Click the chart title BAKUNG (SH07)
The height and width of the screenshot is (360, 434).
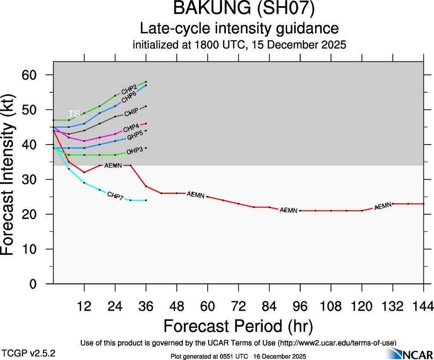click(x=239, y=9)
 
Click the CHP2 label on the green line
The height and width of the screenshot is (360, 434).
click(x=129, y=89)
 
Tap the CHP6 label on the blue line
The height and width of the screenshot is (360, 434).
click(x=129, y=97)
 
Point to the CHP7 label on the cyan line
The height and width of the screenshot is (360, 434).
click(x=115, y=195)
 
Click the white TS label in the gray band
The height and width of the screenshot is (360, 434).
click(x=74, y=114)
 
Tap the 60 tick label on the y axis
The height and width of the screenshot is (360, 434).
click(x=33, y=75)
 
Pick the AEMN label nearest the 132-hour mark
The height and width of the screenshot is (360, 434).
click(x=383, y=206)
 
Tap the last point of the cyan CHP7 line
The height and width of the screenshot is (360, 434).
click(x=146, y=200)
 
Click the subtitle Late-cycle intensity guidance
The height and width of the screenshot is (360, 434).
click(x=239, y=29)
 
